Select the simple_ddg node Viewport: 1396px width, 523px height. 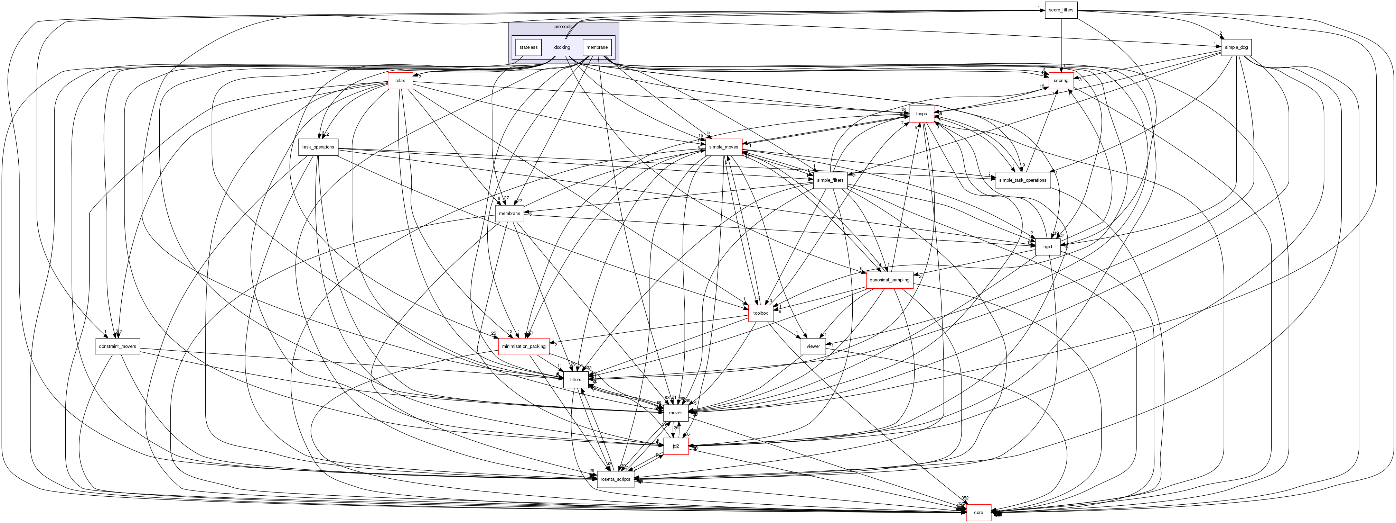1236,47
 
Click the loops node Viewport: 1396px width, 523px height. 921,114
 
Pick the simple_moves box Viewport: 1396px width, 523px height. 723,147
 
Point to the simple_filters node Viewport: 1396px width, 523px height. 830,180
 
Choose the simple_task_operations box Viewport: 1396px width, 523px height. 1022,180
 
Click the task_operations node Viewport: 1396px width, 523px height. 318,147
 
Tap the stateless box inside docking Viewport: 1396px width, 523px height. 528,47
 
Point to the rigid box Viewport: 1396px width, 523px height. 1048,247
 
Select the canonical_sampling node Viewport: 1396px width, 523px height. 889,280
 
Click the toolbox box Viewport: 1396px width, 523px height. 760,313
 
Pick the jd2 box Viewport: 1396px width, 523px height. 676,446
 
